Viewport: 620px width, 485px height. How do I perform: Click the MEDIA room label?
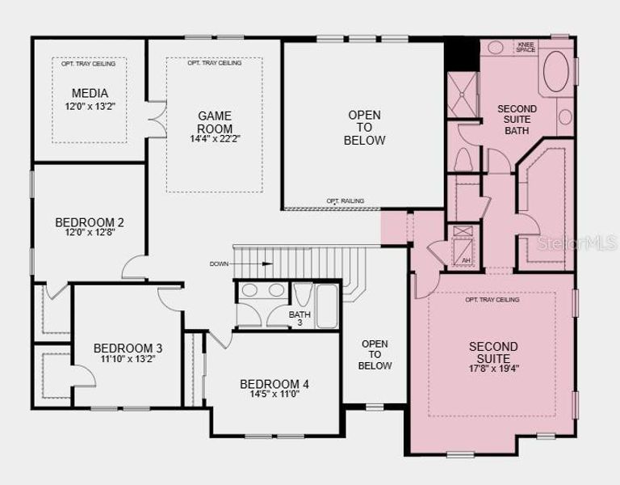[x=89, y=93]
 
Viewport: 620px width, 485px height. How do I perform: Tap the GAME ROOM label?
[x=215, y=122]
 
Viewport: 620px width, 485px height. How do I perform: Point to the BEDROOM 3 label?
[x=127, y=348]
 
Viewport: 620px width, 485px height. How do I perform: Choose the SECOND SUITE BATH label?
[x=517, y=120]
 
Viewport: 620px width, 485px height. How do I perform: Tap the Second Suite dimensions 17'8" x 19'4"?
[x=493, y=369]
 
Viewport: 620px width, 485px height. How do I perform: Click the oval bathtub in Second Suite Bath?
[x=556, y=74]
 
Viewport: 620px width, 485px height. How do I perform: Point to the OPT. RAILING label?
[x=345, y=200]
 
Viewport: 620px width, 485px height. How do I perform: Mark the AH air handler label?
[x=465, y=260]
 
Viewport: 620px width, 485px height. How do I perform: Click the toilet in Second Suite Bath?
[x=463, y=160]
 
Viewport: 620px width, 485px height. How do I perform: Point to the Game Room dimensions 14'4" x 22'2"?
[x=215, y=139]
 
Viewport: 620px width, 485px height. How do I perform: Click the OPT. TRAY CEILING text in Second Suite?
[x=492, y=300]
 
